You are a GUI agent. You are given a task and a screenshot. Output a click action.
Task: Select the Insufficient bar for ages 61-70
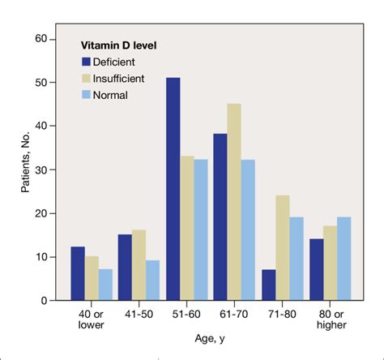[x=233, y=202]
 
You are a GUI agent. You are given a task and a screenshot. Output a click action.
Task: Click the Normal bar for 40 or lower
[x=105, y=285]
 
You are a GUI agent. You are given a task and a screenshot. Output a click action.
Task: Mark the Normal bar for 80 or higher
[x=343, y=259]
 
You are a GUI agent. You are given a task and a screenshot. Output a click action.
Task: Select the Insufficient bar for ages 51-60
[x=188, y=228]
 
